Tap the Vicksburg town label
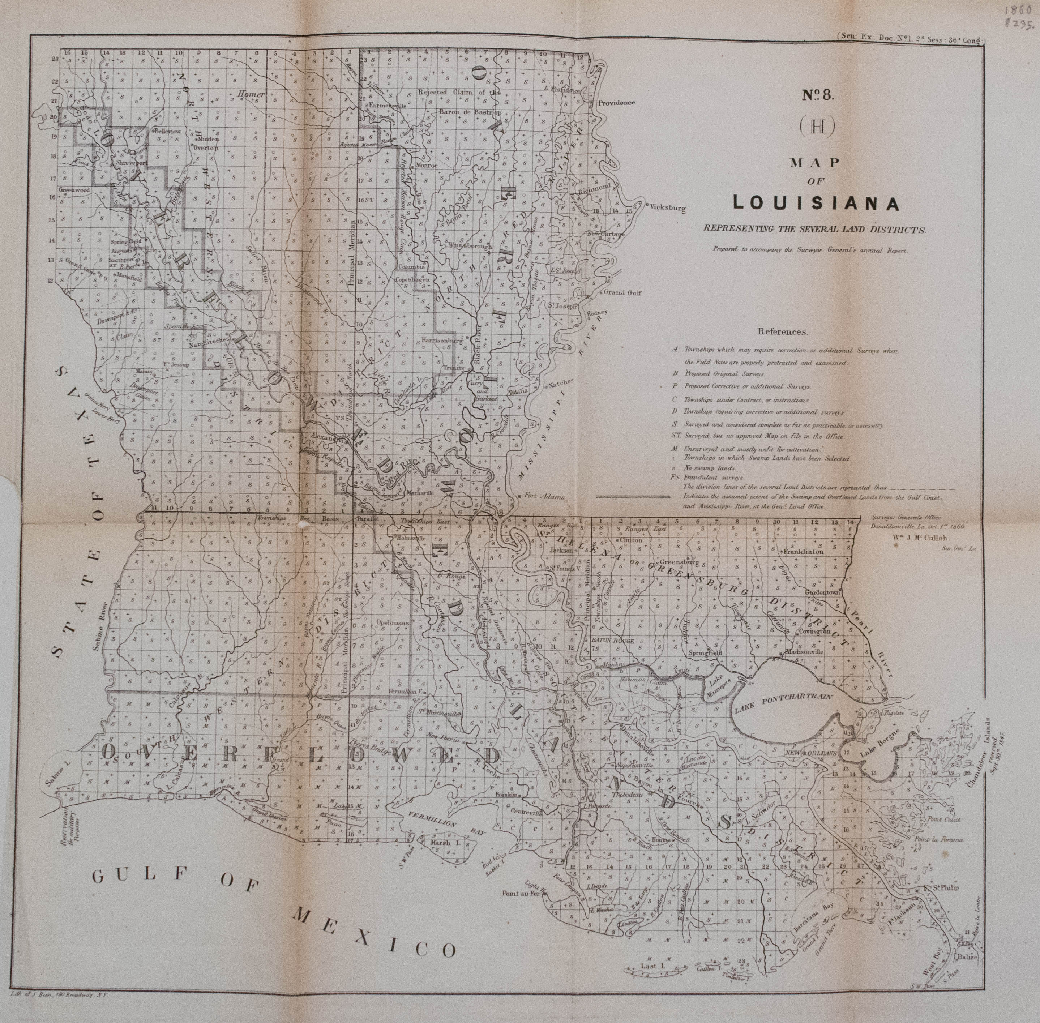tap(668, 206)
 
